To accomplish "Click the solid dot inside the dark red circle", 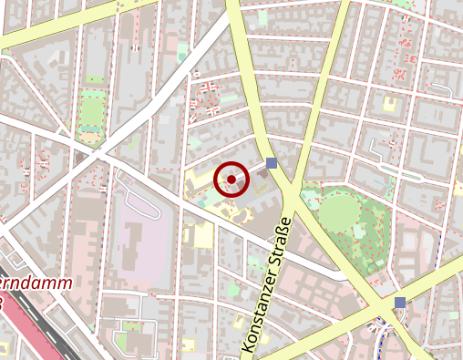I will point(231,180).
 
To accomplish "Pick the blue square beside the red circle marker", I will point(271,163).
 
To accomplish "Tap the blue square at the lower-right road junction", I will point(400,302).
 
